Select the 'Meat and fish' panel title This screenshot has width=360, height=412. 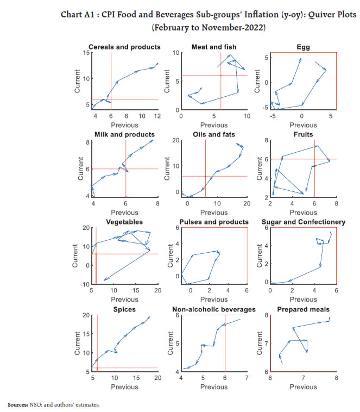pos(214,47)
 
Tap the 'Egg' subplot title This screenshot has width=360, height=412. pos(304,47)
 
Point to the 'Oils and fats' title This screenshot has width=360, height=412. pos(214,134)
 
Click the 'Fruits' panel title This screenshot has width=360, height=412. pos(304,134)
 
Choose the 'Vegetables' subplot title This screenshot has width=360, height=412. pos(125,222)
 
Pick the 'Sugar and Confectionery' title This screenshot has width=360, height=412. pos(304,222)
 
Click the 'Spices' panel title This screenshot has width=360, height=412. pos(125,310)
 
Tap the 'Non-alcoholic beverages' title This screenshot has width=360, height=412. pos(214,310)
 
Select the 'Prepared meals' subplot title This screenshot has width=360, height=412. pos(304,310)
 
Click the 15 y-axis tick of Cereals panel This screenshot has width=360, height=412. pos(86,52)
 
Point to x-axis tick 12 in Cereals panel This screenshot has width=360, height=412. pos(157,116)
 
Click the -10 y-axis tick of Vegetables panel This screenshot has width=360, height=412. pos(85,284)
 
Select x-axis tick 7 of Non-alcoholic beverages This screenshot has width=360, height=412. pos(247,378)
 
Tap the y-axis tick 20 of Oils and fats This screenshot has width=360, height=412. pos(175,140)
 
